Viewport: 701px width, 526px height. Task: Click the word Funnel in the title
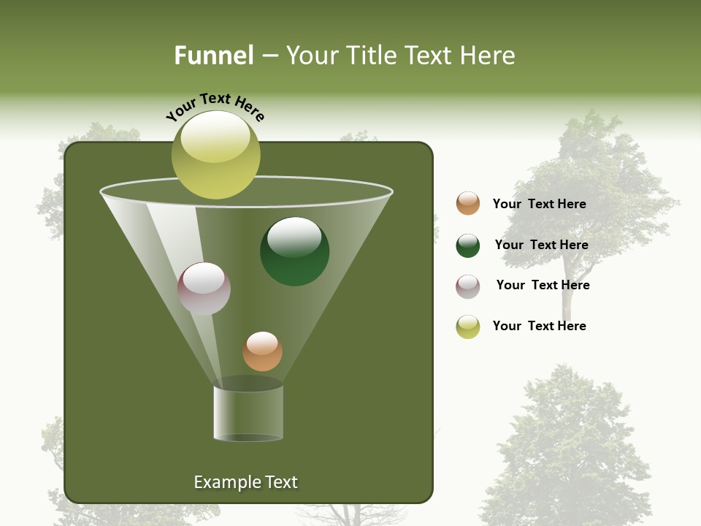point(213,56)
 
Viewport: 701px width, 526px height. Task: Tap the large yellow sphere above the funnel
point(216,155)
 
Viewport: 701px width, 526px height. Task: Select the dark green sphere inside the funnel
point(294,251)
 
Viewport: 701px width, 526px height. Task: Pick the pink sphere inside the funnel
point(204,289)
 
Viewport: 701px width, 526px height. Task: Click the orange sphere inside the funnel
point(262,351)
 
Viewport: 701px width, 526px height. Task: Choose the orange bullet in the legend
point(468,203)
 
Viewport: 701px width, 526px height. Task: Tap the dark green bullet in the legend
point(468,245)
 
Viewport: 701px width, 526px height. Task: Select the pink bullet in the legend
point(468,286)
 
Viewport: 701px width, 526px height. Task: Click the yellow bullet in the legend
point(468,327)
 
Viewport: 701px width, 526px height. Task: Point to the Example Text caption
point(245,482)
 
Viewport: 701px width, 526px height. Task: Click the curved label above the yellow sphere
point(215,107)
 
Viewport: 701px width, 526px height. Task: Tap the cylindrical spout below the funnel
point(248,413)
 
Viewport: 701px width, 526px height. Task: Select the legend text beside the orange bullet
point(539,204)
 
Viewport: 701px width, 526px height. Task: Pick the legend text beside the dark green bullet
point(541,245)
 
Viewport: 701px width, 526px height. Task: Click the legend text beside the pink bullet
point(543,285)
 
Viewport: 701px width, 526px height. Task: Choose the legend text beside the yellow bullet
point(539,326)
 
